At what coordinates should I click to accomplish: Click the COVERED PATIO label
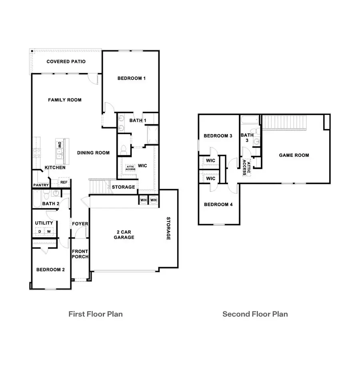tap(66, 62)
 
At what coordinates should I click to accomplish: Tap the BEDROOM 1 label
tap(131, 78)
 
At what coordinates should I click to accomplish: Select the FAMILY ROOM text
tap(65, 100)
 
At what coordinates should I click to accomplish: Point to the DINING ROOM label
tap(94, 152)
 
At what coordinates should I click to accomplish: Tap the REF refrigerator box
tap(64, 182)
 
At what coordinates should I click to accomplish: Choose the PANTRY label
tap(41, 185)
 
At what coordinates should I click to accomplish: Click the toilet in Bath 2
tap(46, 195)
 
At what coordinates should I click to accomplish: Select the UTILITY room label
tap(44, 223)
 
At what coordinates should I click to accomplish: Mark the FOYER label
tap(80, 224)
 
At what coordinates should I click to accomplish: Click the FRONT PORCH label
tap(80, 254)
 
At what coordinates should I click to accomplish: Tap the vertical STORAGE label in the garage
tap(168, 229)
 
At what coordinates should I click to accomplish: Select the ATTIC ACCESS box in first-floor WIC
tap(131, 168)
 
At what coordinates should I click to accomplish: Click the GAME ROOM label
tap(294, 155)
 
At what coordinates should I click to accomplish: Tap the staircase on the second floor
tap(284, 122)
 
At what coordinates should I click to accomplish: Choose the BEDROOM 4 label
tap(218, 205)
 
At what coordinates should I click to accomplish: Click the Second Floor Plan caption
tap(255, 314)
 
